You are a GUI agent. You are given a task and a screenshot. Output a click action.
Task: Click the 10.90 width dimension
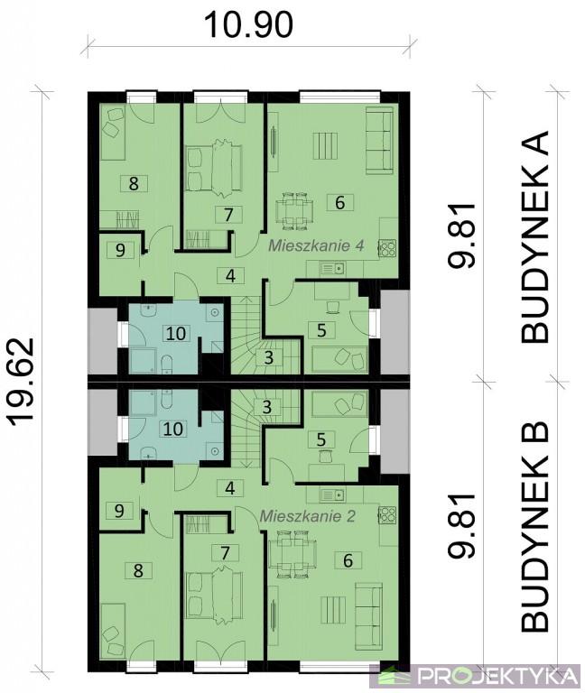point(249,24)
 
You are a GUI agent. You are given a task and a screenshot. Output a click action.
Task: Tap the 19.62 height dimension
point(22,383)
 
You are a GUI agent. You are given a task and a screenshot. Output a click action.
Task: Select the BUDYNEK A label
point(535,236)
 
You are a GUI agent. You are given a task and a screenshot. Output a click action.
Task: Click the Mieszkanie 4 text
point(317,245)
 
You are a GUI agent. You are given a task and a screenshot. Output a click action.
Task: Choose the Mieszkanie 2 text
point(307,516)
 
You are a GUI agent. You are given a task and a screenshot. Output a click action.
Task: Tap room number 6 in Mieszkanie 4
point(339,202)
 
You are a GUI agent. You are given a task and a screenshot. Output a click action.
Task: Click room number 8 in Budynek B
point(138,570)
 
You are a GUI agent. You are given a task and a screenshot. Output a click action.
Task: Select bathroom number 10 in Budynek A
point(176,333)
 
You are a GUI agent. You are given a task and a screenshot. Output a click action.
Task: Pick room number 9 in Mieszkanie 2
point(119,511)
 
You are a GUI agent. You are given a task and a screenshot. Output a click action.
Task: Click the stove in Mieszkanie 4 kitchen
point(387,248)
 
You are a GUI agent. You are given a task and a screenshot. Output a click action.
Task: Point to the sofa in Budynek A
point(379,141)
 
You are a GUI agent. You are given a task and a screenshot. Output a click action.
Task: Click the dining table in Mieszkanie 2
point(292,555)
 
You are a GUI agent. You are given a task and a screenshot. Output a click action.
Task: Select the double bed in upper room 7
point(215,168)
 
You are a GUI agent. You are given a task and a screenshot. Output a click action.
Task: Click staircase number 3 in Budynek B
point(266,406)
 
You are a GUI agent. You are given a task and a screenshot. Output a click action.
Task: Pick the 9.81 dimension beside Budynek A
point(461,236)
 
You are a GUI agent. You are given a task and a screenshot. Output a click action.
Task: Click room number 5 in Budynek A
point(321,329)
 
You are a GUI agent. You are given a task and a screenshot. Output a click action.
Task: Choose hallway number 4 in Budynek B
point(229,488)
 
